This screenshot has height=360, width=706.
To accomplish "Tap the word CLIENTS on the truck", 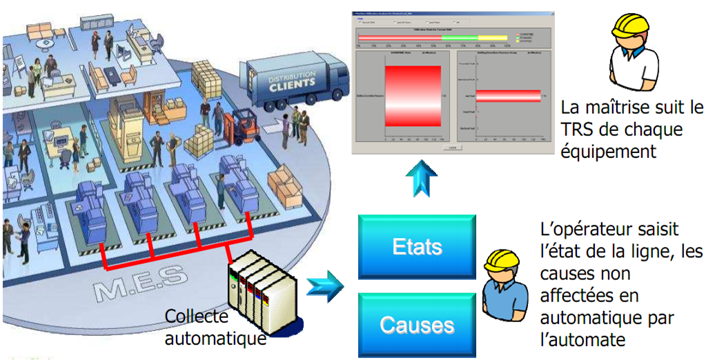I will (292, 83).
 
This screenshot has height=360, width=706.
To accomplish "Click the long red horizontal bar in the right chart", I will (508, 94).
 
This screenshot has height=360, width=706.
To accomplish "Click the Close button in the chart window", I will (452, 147).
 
